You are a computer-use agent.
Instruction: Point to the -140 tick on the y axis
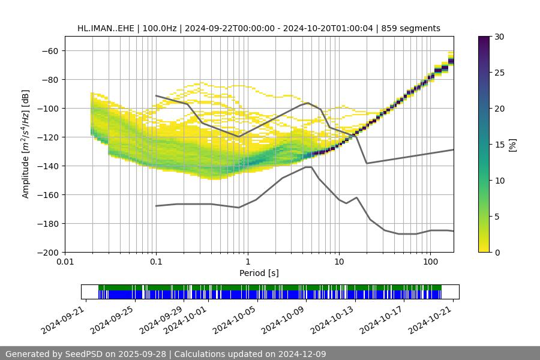point(49,166)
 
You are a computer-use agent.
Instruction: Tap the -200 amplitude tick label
point(49,253)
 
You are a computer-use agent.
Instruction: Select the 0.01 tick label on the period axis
point(65,262)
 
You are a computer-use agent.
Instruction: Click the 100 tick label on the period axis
point(430,262)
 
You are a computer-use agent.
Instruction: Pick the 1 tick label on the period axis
point(248,262)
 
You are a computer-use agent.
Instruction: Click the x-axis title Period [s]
point(259,273)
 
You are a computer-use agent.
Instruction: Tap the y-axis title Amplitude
point(26,144)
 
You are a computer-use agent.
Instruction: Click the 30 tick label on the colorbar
point(499,37)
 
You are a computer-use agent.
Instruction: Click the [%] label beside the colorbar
point(512,145)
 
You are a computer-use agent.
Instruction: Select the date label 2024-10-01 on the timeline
point(186,319)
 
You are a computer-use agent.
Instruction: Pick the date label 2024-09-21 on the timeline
point(63,319)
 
